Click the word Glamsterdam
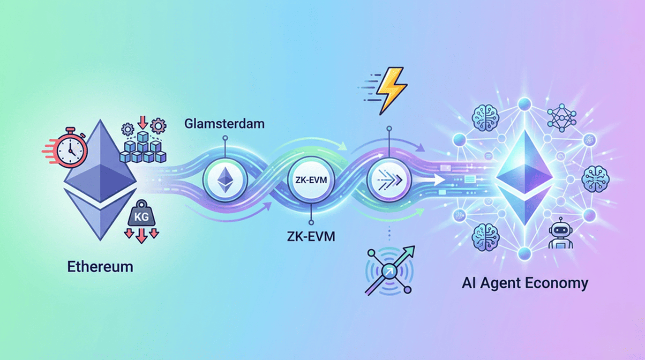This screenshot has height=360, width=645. click(225, 124)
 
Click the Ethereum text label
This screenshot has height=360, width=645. click(100, 267)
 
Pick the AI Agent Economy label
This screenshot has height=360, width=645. click(525, 283)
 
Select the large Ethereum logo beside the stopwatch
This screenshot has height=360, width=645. click(100, 180)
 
